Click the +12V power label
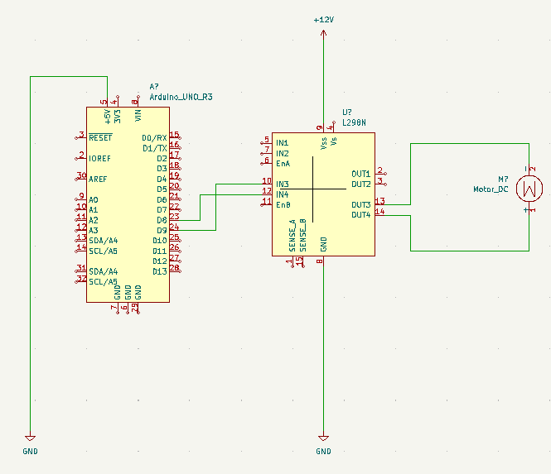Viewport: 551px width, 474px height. click(323, 19)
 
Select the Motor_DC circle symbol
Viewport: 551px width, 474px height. click(529, 189)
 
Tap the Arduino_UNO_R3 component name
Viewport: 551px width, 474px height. click(181, 97)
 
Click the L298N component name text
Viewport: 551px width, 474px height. click(354, 122)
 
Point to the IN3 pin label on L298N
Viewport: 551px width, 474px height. click(283, 184)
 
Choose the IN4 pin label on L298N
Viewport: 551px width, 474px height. click(283, 194)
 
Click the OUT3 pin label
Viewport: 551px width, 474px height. click(360, 204)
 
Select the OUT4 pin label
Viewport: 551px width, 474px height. click(360, 215)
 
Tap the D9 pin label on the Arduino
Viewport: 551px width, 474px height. click(161, 230)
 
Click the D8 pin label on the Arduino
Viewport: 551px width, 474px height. click(161, 220)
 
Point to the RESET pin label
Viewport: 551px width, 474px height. click(100, 137)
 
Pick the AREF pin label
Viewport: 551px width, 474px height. click(98, 179)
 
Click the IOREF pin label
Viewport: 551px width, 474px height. click(100, 158)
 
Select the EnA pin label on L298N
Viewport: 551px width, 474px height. click(283, 164)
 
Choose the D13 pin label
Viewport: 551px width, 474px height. click(159, 271)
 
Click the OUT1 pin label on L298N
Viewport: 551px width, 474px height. click(360, 174)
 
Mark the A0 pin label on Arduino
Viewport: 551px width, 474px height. click(94, 199)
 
